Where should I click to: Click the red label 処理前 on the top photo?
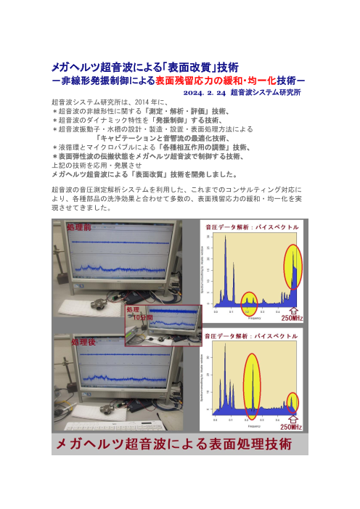(x=78, y=227)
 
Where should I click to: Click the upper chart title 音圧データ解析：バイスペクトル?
(x=251, y=227)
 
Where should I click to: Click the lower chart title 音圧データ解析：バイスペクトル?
(x=251, y=337)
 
